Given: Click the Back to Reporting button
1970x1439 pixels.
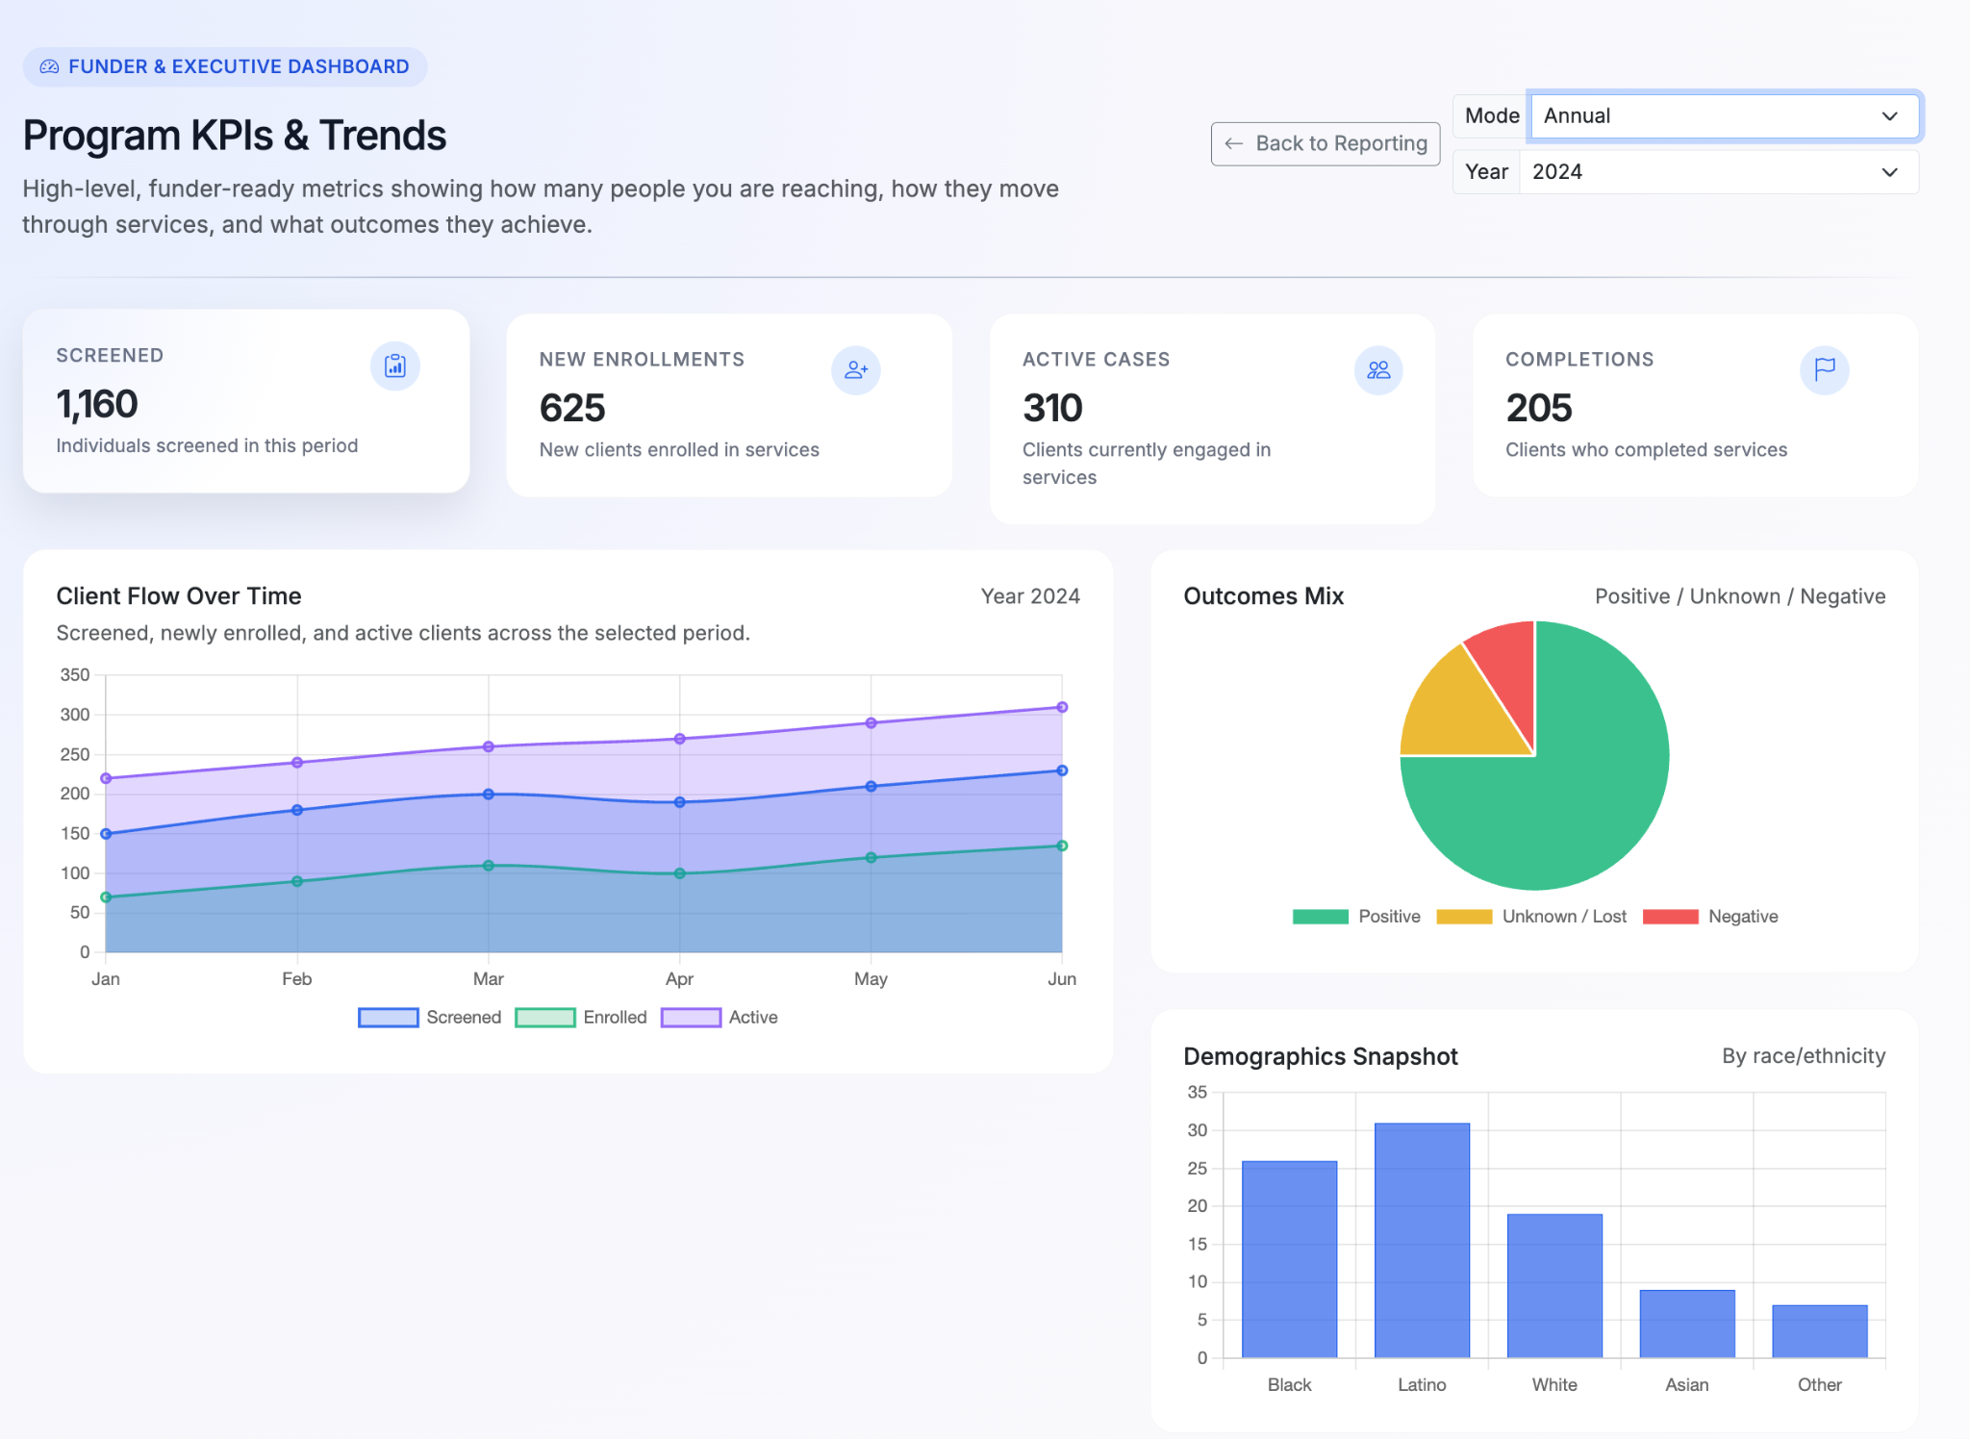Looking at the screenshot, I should click(x=1325, y=143).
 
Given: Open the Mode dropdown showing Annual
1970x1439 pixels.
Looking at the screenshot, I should click(x=1723, y=116).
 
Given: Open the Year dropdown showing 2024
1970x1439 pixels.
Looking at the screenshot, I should click(x=1718, y=172).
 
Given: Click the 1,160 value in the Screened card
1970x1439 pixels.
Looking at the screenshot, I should click(x=97, y=404).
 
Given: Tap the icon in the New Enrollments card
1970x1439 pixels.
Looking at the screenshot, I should click(x=855, y=370).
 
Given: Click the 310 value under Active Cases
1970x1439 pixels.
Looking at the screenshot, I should click(x=1052, y=408).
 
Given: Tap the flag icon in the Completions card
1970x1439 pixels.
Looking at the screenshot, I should click(x=1824, y=370).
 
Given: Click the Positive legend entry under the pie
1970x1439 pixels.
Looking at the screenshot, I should click(x=1356, y=917).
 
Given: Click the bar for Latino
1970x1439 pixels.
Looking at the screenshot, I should click(x=1422, y=1240).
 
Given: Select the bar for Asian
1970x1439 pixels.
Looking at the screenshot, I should click(x=1686, y=1324).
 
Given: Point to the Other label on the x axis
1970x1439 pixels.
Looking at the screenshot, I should click(x=1819, y=1384).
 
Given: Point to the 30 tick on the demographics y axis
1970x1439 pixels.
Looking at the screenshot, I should click(x=1197, y=1130).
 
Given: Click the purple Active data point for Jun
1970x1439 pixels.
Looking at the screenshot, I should click(x=1062, y=707).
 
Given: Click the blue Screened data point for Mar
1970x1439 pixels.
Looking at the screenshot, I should click(x=489, y=795).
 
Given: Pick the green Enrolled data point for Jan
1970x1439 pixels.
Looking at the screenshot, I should click(x=106, y=897).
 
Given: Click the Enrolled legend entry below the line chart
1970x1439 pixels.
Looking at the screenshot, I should click(x=581, y=1018).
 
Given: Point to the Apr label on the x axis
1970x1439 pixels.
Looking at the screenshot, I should click(x=679, y=979).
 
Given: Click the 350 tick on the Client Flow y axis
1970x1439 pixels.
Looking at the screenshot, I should click(x=75, y=675).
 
